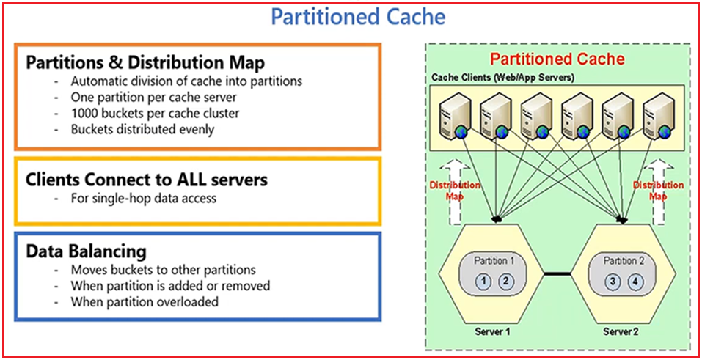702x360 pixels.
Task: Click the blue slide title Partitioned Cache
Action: (x=358, y=17)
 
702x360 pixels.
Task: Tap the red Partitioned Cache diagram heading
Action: (x=557, y=59)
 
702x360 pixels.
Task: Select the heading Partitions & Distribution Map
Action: (x=145, y=62)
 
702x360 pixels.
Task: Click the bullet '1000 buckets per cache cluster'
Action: (x=155, y=114)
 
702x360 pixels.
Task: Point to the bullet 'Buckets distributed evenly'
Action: (x=143, y=129)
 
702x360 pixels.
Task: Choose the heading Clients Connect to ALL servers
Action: (x=147, y=180)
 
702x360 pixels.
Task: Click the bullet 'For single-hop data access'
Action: (x=143, y=198)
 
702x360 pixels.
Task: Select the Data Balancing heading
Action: (x=86, y=251)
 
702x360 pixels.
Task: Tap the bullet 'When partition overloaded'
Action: (x=145, y=302)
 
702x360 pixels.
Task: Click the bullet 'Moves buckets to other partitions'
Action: (x=163, y=270)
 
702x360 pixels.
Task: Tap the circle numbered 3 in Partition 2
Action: (x=614, y=282)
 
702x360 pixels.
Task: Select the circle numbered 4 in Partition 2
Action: (x=635, y=282)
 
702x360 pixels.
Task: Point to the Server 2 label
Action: (x=620, y=332)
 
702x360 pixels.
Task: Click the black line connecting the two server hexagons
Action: (x=557, y=273)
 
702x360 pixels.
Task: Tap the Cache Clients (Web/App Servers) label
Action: (x=502, y=78)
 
